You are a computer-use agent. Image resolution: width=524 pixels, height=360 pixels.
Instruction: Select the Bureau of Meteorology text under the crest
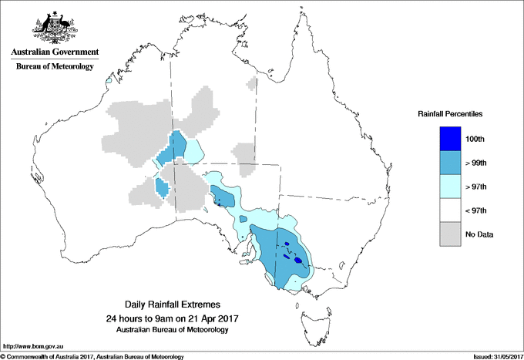pyautogui.click(x=55, y=66)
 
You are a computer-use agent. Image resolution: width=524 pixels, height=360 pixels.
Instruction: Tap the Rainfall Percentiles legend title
pyautogui.click(x=450, y=114)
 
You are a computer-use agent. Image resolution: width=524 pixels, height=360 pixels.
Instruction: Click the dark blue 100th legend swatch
pyautogui.click(x=450, y=139)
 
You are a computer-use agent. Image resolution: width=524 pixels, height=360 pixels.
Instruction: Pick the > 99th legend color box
pyautogui.click(x=450, y=163)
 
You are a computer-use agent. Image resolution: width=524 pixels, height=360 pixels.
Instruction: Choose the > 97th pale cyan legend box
pyautogui.click(x=450, y=187)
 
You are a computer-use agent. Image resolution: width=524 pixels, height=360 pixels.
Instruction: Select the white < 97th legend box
pyautogui.click(x=450, y=210)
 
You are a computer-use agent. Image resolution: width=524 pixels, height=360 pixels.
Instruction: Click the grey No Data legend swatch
pyautogui.click(x=450, y=234)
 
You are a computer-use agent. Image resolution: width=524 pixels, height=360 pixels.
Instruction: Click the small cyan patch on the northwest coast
pyautogui.click(x=109, y=80)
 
